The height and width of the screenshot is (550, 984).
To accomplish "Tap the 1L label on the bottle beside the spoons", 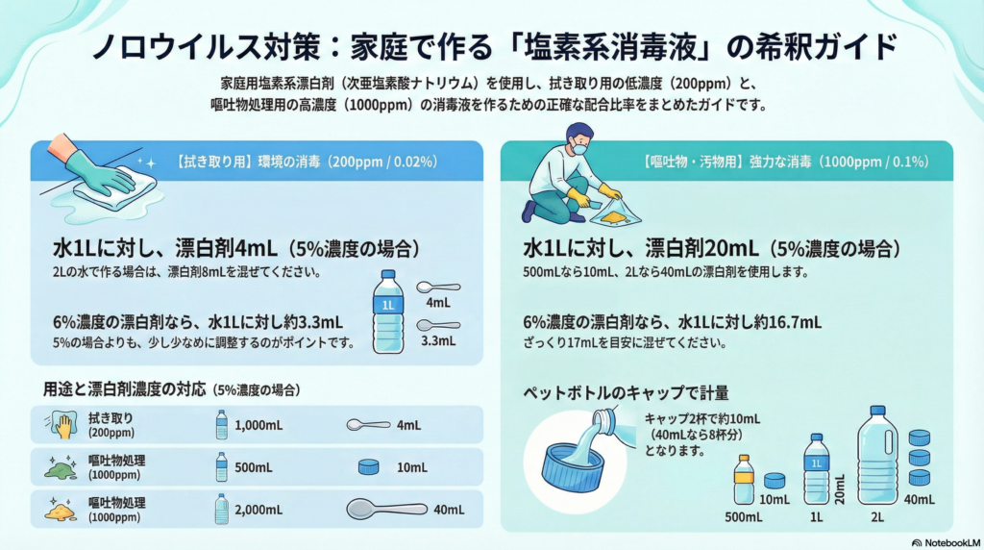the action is [x=388, y=305].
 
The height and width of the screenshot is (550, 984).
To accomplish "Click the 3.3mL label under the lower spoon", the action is [x=438, y=341].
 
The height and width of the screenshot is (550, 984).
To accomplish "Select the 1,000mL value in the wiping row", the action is [x=258, y=425].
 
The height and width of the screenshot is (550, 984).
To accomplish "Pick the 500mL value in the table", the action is [x=254, y=467].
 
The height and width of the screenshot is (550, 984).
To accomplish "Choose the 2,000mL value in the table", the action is [x=258, y=510].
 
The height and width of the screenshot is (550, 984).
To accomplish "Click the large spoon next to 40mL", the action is [x=386, y=509].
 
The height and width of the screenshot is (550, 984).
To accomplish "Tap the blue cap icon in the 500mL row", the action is [x=368, y=466].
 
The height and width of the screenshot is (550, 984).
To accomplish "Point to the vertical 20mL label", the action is [x=839, y=489].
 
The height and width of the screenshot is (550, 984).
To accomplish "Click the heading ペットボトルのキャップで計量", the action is [x=626, y=393].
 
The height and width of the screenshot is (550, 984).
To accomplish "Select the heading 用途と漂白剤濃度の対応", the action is [x=124, y=389].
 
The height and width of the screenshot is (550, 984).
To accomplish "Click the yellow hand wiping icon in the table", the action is [x=61, y=425].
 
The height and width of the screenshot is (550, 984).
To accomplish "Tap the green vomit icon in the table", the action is [x=61, y=467].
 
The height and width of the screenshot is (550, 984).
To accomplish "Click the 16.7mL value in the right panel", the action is [x=797, y=323].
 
